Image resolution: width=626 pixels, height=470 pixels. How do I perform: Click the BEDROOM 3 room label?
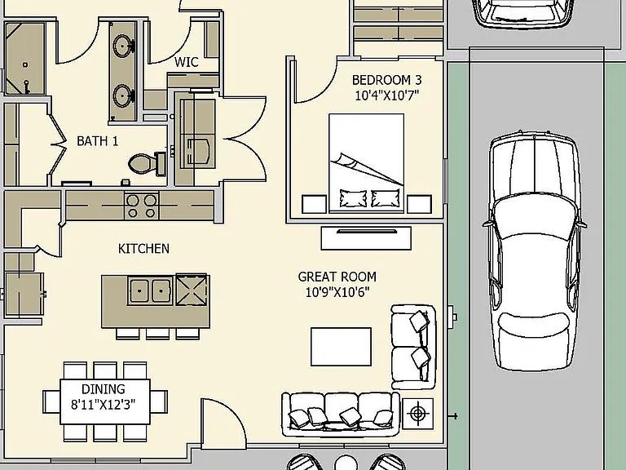[386, 80]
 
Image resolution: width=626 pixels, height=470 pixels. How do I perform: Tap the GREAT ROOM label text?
[337, 277]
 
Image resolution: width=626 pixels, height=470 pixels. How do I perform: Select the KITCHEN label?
[143, 249]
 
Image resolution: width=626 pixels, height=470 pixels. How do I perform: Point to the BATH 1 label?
[98, 141]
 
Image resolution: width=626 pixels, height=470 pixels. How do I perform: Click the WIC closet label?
[187, 62]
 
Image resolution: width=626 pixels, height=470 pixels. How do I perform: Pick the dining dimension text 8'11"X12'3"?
[103, 405]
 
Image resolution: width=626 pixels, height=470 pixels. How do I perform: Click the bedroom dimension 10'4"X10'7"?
[386, 95]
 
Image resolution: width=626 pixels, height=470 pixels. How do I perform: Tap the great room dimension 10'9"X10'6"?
[337, 292]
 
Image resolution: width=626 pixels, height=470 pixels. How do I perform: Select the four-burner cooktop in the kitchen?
[141, 206]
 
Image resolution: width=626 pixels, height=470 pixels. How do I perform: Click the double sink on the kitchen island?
[150, 290]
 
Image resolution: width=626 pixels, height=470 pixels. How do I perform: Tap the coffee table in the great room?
[341, 347]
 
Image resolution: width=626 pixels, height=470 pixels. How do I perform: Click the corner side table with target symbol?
[417, 413]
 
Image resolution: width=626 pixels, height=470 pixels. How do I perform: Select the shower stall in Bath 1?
[24, 59]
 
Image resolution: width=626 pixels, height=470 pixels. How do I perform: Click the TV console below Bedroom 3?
[366, 238]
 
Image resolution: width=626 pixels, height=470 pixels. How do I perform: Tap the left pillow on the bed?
[353, 198]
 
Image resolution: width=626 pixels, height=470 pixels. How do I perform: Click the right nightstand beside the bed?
[419, 204]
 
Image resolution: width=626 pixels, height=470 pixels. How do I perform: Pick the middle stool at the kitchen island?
[157, 334]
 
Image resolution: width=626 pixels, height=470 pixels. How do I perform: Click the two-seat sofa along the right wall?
[413, 347]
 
